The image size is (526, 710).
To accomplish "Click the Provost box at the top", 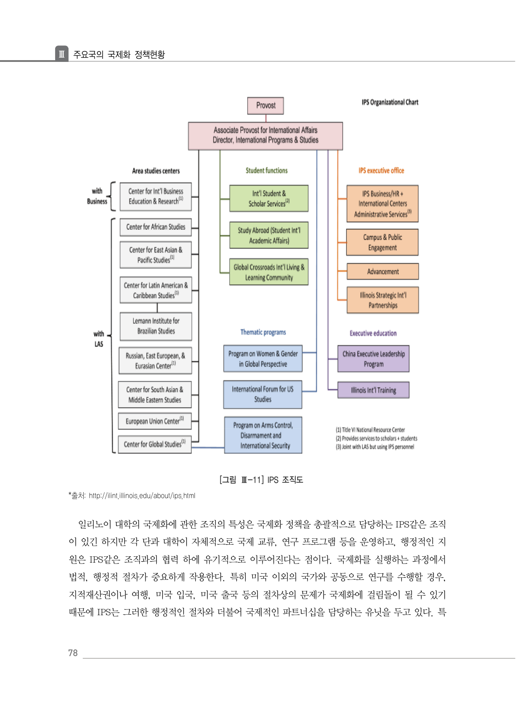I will point(266,106).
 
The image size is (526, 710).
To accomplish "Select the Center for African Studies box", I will point(156,227).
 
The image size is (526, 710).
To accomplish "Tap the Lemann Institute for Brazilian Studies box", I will point(156,326).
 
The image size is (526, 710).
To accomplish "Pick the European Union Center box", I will point(155,421).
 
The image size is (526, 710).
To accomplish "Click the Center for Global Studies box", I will point(155,444).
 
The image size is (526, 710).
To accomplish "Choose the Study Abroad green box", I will point(269,235).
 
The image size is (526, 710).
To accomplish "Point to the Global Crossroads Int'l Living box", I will point(269,272).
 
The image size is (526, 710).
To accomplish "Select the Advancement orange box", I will point(383,271).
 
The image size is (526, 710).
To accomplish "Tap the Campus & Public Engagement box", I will point(382,242).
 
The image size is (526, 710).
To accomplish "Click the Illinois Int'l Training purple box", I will point(373,390).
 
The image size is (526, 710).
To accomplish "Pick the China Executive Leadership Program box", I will point(373,359).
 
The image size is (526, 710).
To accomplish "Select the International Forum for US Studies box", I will point(263,394).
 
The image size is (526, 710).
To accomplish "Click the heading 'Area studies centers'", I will point(156,171).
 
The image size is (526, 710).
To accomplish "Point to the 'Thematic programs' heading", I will point(263,332).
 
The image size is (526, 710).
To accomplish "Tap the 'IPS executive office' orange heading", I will point(381,171).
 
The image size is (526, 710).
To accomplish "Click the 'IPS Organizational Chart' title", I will point(390,102).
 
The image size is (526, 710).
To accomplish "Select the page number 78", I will point(73,653).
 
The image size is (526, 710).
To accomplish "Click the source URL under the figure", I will point(142,496).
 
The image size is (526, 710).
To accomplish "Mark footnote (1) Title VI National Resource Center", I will point(370,430).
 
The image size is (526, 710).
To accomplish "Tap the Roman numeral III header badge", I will point(62,54).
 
